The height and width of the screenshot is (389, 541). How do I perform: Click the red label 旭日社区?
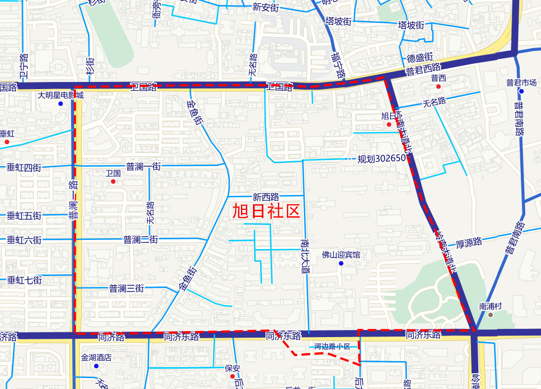(267, 211)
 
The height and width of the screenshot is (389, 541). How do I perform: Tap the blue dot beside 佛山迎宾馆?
(341, 263)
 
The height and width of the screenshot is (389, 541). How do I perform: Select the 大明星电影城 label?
(61, 95)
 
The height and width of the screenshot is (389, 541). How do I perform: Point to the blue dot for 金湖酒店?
(96, 366)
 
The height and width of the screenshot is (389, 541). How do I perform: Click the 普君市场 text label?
(521, 82)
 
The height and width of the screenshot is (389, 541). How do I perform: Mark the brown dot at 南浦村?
(491, 315)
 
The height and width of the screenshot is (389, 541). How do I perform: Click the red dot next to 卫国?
(113, 181)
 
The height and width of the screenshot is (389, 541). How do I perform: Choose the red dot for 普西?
(438, 86)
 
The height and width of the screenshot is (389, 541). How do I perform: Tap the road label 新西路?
(266, 196)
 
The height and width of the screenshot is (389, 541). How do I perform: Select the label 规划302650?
(381, 159)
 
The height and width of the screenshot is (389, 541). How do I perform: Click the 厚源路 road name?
(468, 241)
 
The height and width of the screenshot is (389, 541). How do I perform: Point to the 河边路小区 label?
(332, 346)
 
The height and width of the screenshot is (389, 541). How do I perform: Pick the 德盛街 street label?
(420, 57)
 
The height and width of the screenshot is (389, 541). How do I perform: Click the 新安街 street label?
(266, 8)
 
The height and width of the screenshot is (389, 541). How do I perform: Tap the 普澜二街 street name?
(140, 239)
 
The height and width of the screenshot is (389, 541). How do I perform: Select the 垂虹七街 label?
(24, 280)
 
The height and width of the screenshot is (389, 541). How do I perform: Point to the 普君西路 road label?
(423, 68)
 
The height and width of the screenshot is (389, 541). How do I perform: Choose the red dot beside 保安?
(232, 376)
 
